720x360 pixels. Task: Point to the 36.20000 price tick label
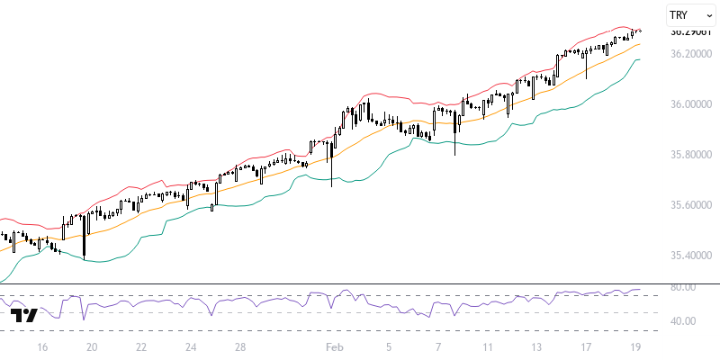(690, 54)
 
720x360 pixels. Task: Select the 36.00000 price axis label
(690, 104)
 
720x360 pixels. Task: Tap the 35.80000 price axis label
(690, 155)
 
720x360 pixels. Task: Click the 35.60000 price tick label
(690, 205)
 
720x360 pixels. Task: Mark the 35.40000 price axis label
(690, 256)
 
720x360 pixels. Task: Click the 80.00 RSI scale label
(683, 287)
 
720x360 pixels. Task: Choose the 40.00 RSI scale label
(683, 321)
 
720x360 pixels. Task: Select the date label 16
(41, 346)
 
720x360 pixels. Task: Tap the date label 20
(91, 346)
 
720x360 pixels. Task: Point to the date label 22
(141, 346)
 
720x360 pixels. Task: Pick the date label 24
(191, 346)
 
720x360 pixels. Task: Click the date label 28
(240, 346)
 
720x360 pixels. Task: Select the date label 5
(389, 346)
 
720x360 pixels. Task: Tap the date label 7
(438, 346)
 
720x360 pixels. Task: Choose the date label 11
(488, 346)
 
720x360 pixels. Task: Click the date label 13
(537, 346)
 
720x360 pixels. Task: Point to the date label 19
(636, 346)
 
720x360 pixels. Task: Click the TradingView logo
(24, 315)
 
